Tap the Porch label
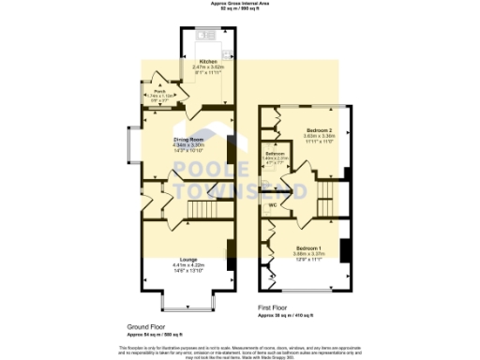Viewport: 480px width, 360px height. [159, 91]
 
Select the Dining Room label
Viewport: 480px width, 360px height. [188, 140]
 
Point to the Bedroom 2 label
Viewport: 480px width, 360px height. [320, 129]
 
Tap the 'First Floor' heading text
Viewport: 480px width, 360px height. [277, 307]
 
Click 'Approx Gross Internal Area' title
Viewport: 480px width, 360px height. [240, 4]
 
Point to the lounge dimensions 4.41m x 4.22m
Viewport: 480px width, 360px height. [188, 265]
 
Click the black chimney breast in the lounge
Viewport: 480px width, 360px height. [231, 249]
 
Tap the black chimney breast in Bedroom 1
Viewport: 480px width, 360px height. [345, 250]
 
